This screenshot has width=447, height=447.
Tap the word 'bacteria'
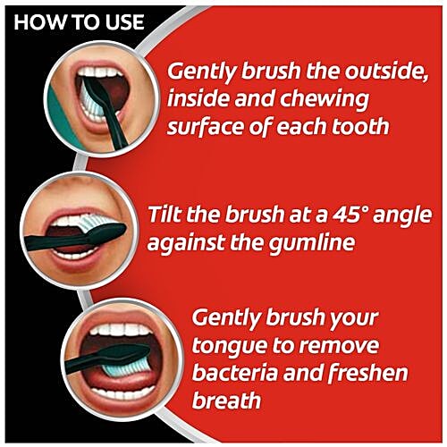234,371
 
